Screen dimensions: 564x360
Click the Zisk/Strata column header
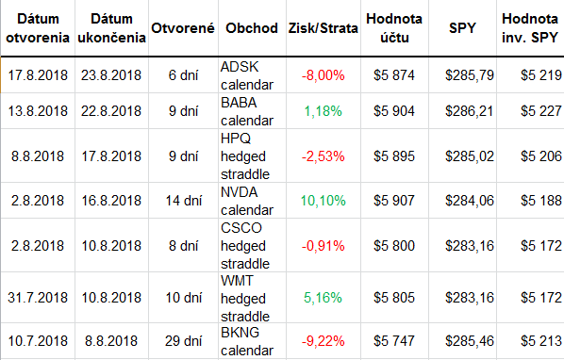click(x=323, y=28)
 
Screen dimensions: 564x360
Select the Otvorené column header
click(x=183, y=28)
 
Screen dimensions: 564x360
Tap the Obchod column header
click(x=252, y=28)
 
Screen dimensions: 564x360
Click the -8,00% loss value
click(x=323, y=75)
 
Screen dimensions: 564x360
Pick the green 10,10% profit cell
click(x=323, y=201)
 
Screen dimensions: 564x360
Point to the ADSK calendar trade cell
click(x=247, y=75)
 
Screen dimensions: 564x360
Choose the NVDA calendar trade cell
click(x=247, y=201)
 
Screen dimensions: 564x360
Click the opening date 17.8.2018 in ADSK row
click(x=38, y=75)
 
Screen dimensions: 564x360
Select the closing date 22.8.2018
click(x=111, y=111)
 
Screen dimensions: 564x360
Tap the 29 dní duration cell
click(x=184, y=341)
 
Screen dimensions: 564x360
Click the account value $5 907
click(x=394, y=201)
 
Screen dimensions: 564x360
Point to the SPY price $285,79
click(x=470, y=75)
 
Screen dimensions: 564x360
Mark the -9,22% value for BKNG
click(x=323, y=341)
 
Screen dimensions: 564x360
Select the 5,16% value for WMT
click(x=323, y=298)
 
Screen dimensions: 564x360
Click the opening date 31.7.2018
click(x=38, y=298)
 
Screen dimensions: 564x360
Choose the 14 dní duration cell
click(x=184, y=201)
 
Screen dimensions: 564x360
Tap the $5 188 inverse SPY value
click(x=541, y=201)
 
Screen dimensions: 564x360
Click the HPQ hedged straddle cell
click(x=245, y=156)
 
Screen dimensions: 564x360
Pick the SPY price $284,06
click(x=470, y=201)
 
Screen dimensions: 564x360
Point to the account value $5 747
click(x=394, y=341)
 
